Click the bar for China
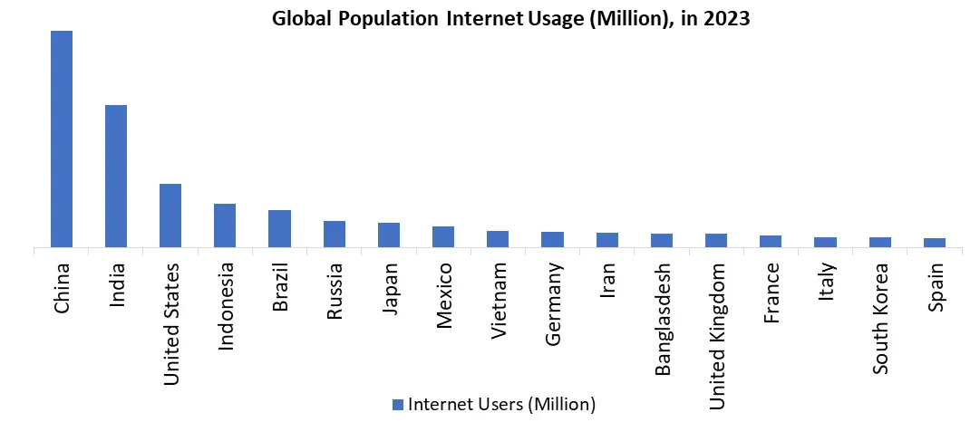[x=62, y=139]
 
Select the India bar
[x=116, y=176]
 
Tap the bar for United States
[x=170, y=216]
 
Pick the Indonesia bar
[x=225, y=225]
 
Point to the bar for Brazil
[x=279, y=228]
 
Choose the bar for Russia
[x=335, y=234]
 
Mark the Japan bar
[x=389, y=235]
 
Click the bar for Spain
[x=935, y=243]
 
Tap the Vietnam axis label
[x=499, y=301]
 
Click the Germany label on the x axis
[x=553, y=304]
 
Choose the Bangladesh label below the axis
[x=663, y=319]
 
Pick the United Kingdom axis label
[x=717, y=336]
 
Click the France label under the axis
[x=771, y=292]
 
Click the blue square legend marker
[x=397, y=403]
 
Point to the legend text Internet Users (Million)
[x=501, y=403]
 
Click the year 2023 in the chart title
[x=724, y=18]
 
